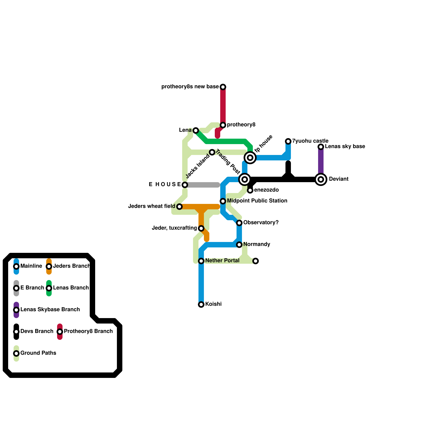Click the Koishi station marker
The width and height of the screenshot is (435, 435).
coord(201,304)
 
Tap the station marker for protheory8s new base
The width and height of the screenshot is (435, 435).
coord(223,87)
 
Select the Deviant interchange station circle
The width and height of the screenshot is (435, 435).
coord(321,179)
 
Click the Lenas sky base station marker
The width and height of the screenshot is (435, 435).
coord(321,147)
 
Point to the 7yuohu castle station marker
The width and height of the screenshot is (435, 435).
coord(288,141)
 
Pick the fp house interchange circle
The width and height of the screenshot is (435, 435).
coord(250,158)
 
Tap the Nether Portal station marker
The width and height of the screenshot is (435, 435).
coord(201,261)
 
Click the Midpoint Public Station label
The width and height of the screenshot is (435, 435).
coord(257,201)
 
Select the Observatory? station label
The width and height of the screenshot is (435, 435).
coord(261,223)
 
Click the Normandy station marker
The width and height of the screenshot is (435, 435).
coord(239,245)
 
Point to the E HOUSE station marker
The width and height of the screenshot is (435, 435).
coord(185,185)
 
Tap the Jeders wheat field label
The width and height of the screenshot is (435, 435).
coord(151,206)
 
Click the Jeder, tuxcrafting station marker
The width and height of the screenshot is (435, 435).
coord(201,228)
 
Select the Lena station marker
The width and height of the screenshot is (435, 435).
coord(196,130)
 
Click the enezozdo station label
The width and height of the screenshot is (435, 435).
coord(266,190)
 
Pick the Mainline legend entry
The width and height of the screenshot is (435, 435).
coord(16,266)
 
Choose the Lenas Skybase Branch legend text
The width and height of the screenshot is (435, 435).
coord(50,310)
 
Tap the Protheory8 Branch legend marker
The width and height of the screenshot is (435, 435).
coord(60,332)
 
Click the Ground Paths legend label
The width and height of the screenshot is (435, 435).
coord(38,353)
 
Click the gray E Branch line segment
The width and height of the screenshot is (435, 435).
coord(203,185)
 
